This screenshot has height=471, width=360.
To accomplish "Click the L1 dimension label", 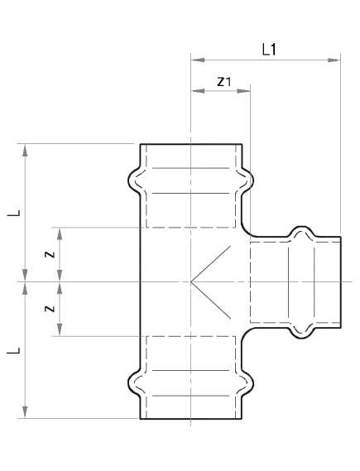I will click(x=268, y=49).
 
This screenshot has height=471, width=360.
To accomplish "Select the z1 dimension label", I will click(x=223, y=81).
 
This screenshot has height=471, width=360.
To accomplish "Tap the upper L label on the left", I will click(x=15, y=213).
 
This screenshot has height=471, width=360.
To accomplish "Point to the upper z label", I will click(x=50, y=254).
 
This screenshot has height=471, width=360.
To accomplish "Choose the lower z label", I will click(x=50, y=309).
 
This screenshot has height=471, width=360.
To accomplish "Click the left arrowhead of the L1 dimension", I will click(x=195, y=59).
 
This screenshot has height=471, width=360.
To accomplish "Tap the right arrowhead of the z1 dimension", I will click(x=246, y=90).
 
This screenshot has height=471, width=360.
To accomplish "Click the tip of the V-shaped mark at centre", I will click(x=192, y=282).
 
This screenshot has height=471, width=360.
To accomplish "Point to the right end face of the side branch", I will click(x=341, y=281).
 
